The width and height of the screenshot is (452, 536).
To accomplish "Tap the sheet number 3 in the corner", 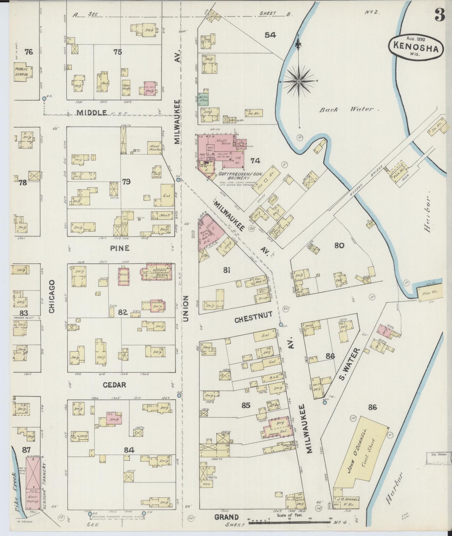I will pos(440,15).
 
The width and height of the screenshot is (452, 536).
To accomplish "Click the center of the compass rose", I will pos(299,81).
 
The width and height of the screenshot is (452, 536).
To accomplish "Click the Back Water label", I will pos(349,110).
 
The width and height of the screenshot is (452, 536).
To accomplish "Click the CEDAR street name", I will pos(114,385).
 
